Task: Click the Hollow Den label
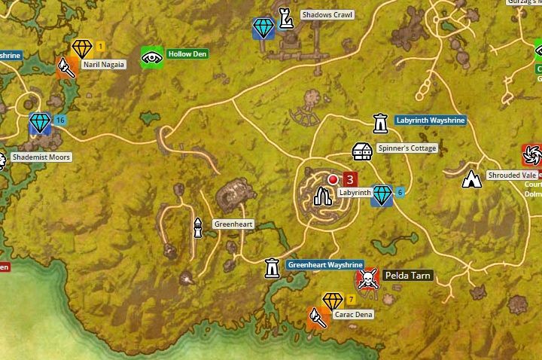click(x=188, y=54)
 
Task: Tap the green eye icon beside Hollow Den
click(x=152, y=57)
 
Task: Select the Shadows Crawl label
click(x=327, y=15)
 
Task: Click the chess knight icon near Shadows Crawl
click(x=286, y=18)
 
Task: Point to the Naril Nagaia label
click(x=104, y=65)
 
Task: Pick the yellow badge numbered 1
click(x=100, y=47)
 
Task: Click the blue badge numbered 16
click(x=60, y=121)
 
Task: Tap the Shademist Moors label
click(x=41, y=157)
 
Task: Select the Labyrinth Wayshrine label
click(x=430, y=121)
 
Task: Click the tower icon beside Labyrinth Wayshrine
click(x=380, y=123)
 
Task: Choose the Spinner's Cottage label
click(x=406, y=148)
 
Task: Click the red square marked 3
click(x=349, y=179)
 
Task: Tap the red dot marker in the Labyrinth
click(x=333, y=179)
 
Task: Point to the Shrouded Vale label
click(x=511, y=175)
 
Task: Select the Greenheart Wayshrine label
click(x=325, y=265)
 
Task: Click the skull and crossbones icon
click(x=367, y=280)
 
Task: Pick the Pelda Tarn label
click(x=407, y=276)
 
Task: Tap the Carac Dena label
click(x=354, y=314)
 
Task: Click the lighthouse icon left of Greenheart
click(x=198, y=227)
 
